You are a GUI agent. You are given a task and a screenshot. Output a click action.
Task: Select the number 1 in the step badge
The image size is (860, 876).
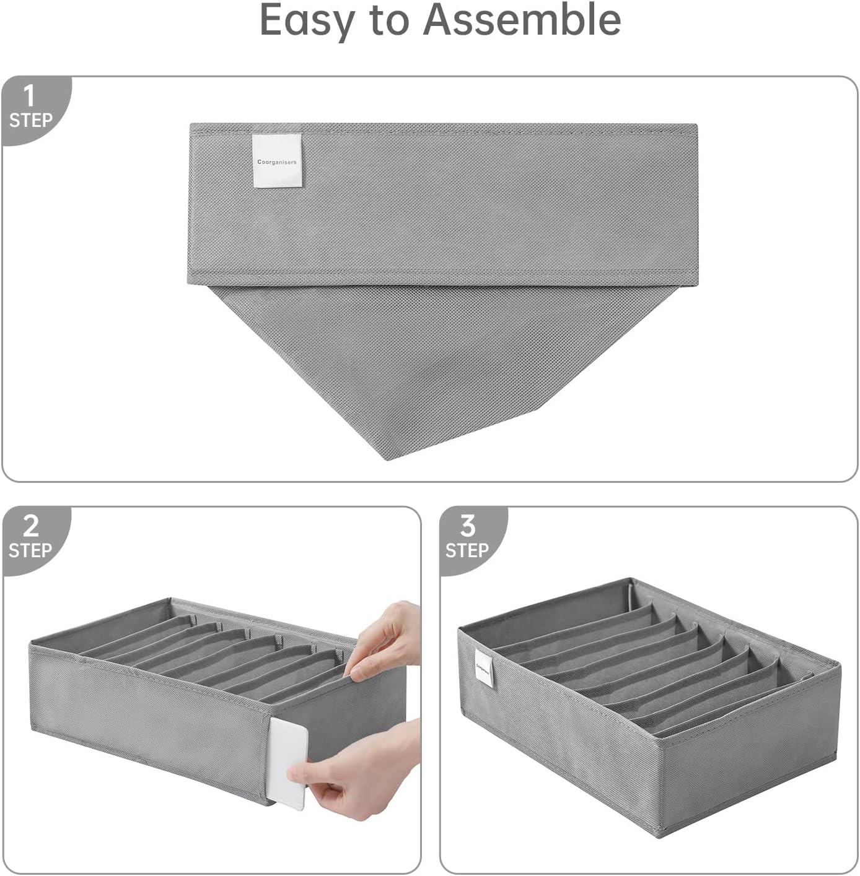coord(29,97)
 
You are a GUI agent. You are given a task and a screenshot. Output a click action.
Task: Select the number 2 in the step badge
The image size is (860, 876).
coord(30,526)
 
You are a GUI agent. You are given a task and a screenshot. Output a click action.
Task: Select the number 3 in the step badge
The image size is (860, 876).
coord(468,526)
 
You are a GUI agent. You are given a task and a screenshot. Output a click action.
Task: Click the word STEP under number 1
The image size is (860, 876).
coord(30,120)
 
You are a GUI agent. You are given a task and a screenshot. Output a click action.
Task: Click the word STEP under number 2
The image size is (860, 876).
coord(30,550)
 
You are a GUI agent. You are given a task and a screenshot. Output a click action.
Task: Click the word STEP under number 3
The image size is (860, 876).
coord(467,550)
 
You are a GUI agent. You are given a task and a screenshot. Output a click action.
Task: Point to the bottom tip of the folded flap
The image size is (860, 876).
coord(387,459)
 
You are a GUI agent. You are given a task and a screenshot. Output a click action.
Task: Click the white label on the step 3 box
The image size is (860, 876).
coord(485,667)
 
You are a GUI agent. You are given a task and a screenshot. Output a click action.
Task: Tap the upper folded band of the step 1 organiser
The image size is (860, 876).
coord(442,204)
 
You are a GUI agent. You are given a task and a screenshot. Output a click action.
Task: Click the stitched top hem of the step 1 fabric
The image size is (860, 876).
coord(442,129)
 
